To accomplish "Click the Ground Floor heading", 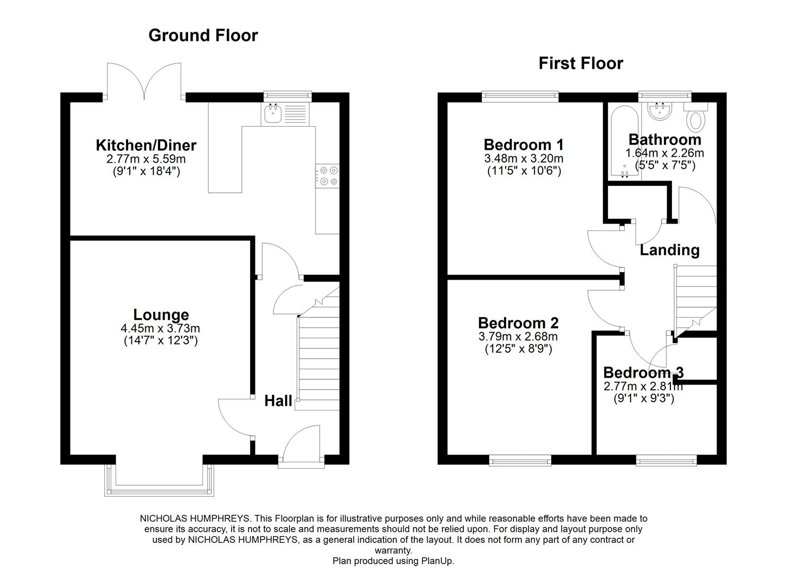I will point(203,35).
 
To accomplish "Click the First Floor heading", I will point(580,64).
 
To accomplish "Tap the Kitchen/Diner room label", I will point(146,145).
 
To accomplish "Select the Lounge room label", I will point(161,315).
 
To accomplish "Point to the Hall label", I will point(278,401).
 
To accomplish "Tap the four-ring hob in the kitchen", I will point(328,176).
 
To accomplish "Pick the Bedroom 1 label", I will point(523,145).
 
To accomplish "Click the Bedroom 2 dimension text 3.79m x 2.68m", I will point(518,336).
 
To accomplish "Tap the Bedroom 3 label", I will point(643,372).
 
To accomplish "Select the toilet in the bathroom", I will point(696,117).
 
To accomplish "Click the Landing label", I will point(669,250).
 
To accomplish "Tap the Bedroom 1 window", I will point(520,96).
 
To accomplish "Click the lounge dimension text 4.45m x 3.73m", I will point(160,328).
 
